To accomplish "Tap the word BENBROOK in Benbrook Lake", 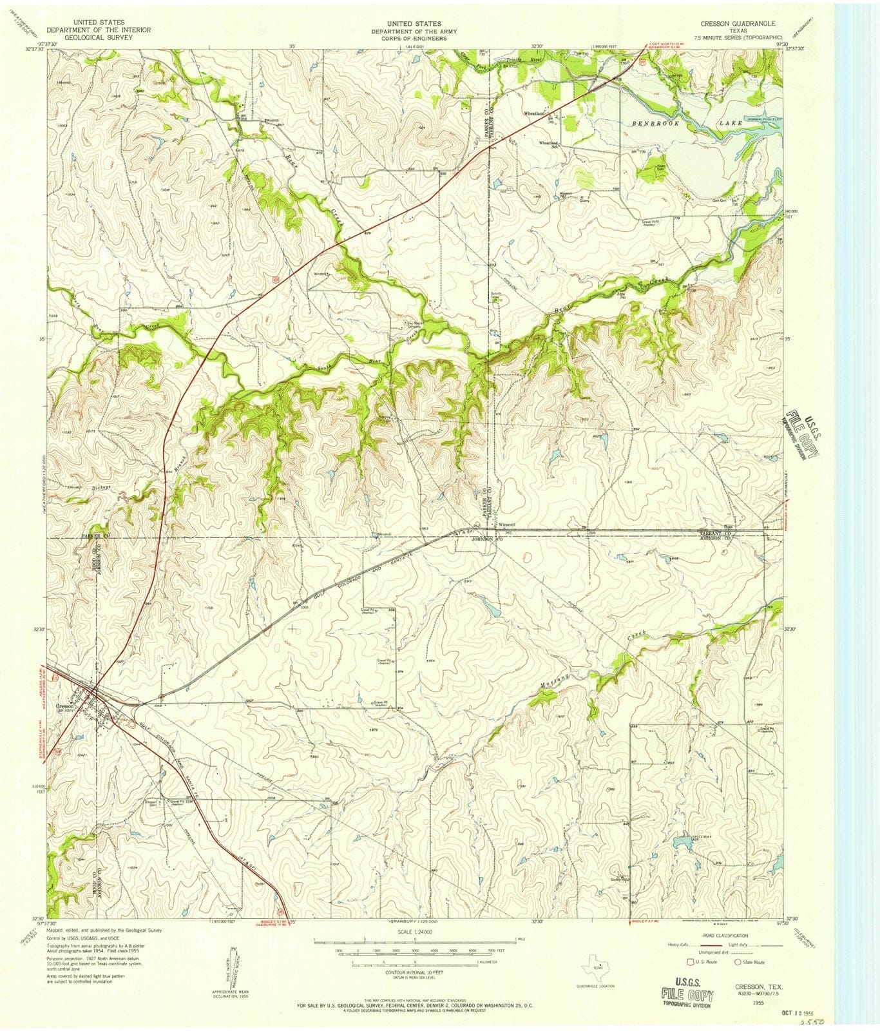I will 654,122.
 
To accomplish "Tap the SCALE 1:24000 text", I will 414,932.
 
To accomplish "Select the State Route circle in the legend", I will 738,962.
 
